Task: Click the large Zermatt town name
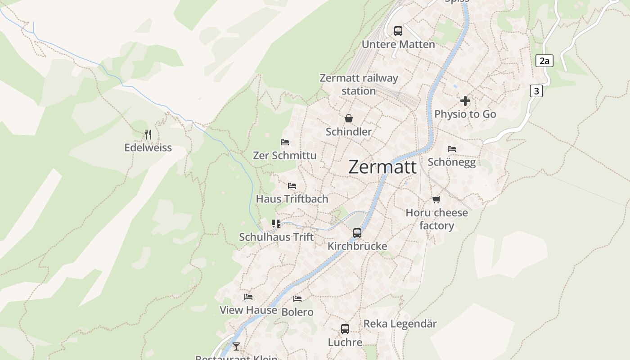click(382, 167)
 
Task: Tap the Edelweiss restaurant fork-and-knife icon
click(148, 134)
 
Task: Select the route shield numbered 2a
click(544, 61)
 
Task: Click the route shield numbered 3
click(535, 91)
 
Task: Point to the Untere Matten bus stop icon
click(398, 31)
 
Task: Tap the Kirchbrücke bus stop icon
click(357, 233)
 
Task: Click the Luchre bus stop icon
click(345, 328)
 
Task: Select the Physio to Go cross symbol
click(465, 101)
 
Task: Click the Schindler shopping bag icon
click(349, 118)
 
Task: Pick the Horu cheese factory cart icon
click(436, 199)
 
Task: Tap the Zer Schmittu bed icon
click(284, 142)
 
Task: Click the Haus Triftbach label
click(292, 198)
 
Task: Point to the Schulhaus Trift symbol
click(276, 223)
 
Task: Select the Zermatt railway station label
click(359, 84)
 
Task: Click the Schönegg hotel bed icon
click(452, 148)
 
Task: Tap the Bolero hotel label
click(297, 312)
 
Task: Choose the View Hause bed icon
click(248, 297)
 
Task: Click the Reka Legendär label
click(400, 324)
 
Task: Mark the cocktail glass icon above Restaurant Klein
click(236, 346)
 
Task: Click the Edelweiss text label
click(148, 148)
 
